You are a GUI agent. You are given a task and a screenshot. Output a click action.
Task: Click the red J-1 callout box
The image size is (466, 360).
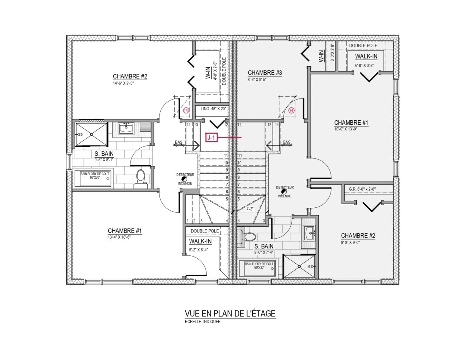coord(211,137)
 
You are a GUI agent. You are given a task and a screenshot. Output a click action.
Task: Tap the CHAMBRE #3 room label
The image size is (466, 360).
coord(265,73)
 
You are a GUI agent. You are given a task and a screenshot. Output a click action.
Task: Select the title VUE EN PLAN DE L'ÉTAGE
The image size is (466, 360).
coord(230,313)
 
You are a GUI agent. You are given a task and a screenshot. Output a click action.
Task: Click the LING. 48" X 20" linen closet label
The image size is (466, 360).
coord(213,109)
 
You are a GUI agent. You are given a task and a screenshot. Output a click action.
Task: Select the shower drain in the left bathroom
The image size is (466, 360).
coord(91,134)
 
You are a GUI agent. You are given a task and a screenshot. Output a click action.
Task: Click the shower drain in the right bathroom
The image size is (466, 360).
coord(299,267)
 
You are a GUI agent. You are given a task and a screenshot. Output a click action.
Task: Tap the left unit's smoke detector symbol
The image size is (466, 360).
coord(184,179)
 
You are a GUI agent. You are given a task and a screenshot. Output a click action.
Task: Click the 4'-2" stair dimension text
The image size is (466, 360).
coord(250,209)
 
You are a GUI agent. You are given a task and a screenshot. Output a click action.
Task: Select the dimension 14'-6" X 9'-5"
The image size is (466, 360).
coord(123,83)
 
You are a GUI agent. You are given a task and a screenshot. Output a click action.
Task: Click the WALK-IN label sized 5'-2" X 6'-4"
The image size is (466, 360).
coord(200,241)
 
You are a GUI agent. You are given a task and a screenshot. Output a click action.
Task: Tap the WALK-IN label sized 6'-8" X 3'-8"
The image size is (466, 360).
coord(366,56)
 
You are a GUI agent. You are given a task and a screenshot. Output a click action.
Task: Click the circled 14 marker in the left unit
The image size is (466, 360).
coord(186,111)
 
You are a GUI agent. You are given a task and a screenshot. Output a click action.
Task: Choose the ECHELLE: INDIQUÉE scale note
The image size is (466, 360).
coord(203,322)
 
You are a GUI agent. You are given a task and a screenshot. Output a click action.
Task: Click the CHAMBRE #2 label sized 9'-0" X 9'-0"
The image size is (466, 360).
coord(358,236)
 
